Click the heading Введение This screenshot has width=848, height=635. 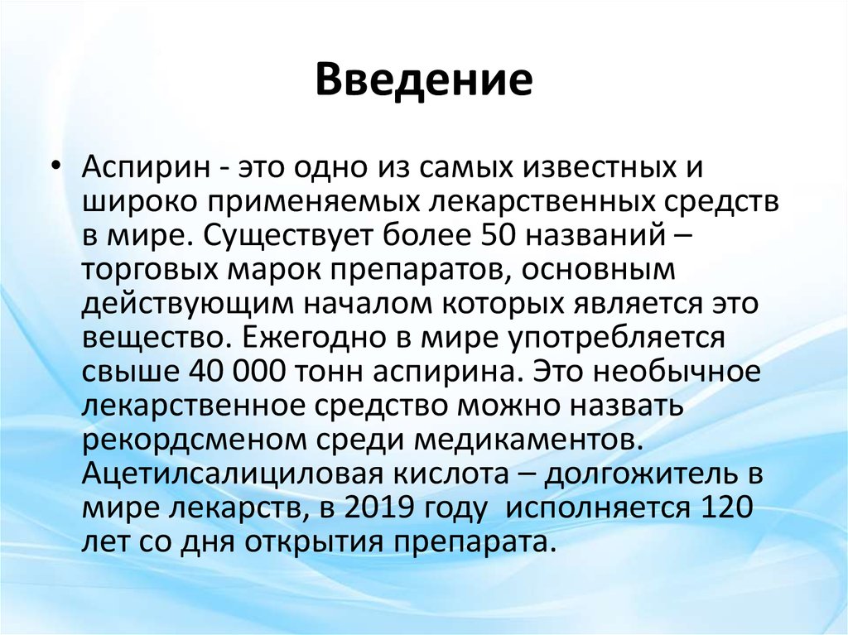(x=424, y=79)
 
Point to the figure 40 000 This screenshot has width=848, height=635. (x=237, y=372)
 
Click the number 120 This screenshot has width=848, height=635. (x=726, y=508)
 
